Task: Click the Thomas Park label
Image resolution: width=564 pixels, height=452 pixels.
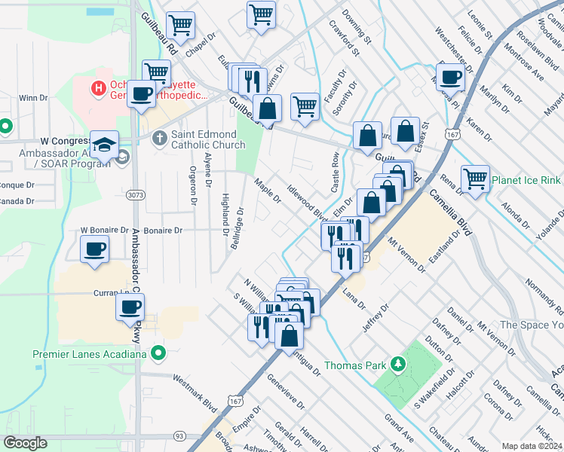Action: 354,365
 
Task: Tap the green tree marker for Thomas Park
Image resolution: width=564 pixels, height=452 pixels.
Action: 397,365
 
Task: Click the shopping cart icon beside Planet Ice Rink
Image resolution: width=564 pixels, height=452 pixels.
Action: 475,179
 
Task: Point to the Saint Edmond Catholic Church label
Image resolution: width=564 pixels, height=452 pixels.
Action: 207,139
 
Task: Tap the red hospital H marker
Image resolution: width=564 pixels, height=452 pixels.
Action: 97,89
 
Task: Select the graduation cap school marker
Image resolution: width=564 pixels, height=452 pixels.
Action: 104,143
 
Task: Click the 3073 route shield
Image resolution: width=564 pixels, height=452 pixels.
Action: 135,194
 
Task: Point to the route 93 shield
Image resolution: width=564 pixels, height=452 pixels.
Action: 179,435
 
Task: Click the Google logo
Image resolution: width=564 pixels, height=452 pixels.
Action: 26,443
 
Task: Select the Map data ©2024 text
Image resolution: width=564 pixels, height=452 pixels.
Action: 532,446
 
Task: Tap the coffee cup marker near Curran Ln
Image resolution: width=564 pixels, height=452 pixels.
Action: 130,306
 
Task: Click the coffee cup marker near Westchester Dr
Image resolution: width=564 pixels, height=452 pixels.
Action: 451,77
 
